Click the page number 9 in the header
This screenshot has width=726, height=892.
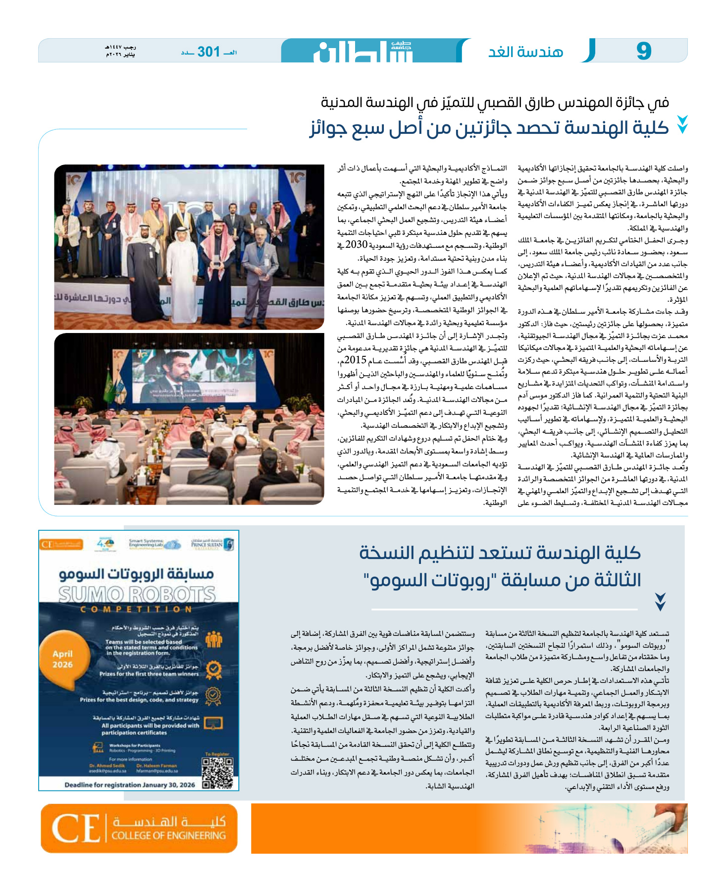pyautogui.click(x=644, y=51)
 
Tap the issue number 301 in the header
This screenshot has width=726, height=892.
pyautogui.click(x=208, y=52)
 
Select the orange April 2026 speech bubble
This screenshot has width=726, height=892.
pyautogui.click(x=63, y=659)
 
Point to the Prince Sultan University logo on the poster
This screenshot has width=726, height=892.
pyautogui.click(x=213, y=544)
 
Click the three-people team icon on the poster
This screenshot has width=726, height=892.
pyautogui.click(x=213, y=640)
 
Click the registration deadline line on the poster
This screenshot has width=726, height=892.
pyautogui.click(x=130, y=784)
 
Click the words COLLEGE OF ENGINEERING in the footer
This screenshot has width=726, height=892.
pyautogui.click(x=168, y=836)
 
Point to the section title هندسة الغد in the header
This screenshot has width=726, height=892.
pyautogui.click(x=526, y=52)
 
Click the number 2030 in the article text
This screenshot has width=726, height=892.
pyautogui.click(x=356, y=245)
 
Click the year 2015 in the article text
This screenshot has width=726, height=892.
pyautogui.click(x=356, y=360)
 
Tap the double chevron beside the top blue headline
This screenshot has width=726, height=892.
pyautogui.click(x=682, y=125)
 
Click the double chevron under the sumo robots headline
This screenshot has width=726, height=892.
pyautogui.click(x=660, y=601)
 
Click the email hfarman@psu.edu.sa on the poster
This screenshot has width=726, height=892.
pyautogui.click(x=157, y=771)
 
